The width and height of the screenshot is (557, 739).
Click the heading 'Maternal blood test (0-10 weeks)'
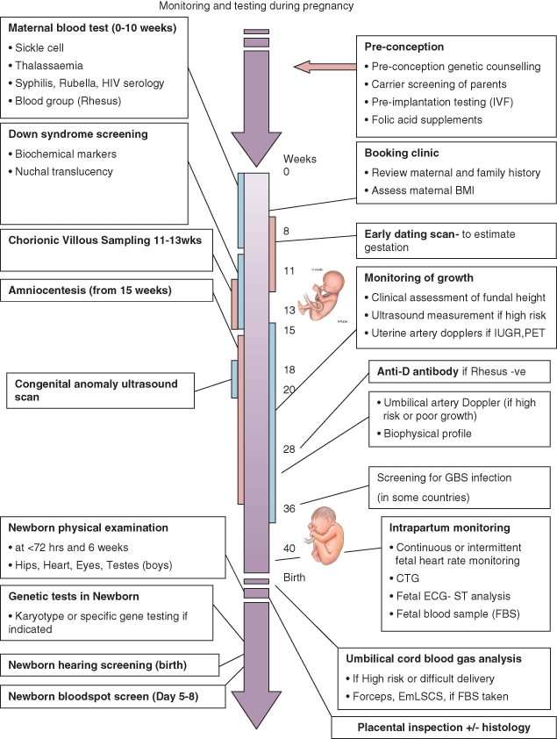pyautogui.click(x=91, y=28)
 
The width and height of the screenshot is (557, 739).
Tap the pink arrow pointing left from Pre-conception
pyautogui.click(x=325, y=67)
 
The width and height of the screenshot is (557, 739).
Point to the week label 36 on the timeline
pyautogui.click(x=289, y=508)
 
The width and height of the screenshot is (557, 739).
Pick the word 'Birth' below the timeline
pyautogui.click(x=295, y=577)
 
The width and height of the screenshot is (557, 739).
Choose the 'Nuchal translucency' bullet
pyautogui.click(x=64, y=171)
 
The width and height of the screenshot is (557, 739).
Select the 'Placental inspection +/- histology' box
pyautogui.click(x=444, y=728)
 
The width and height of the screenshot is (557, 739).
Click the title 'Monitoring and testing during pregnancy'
pyautogui.click(x=256, y=6)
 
